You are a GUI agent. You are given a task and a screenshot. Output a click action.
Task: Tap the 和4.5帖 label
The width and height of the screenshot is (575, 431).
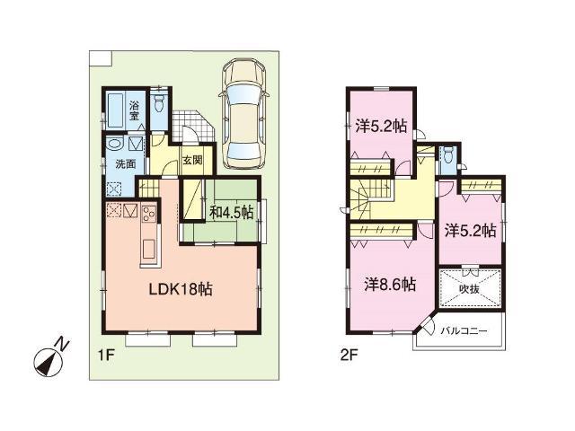coord(231,213)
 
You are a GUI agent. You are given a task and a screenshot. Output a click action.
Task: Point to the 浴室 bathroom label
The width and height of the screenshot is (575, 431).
coord(134,109)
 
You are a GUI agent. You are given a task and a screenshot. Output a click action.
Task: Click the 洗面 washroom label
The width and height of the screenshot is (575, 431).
coord(124,164)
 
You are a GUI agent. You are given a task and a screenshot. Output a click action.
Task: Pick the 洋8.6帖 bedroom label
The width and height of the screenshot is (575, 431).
coord(389,285)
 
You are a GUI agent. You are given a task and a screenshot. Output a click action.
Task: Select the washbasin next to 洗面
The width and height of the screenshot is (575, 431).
coord(112,144)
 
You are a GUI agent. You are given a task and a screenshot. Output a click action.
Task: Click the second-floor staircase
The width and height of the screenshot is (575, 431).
coord(370,194)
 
